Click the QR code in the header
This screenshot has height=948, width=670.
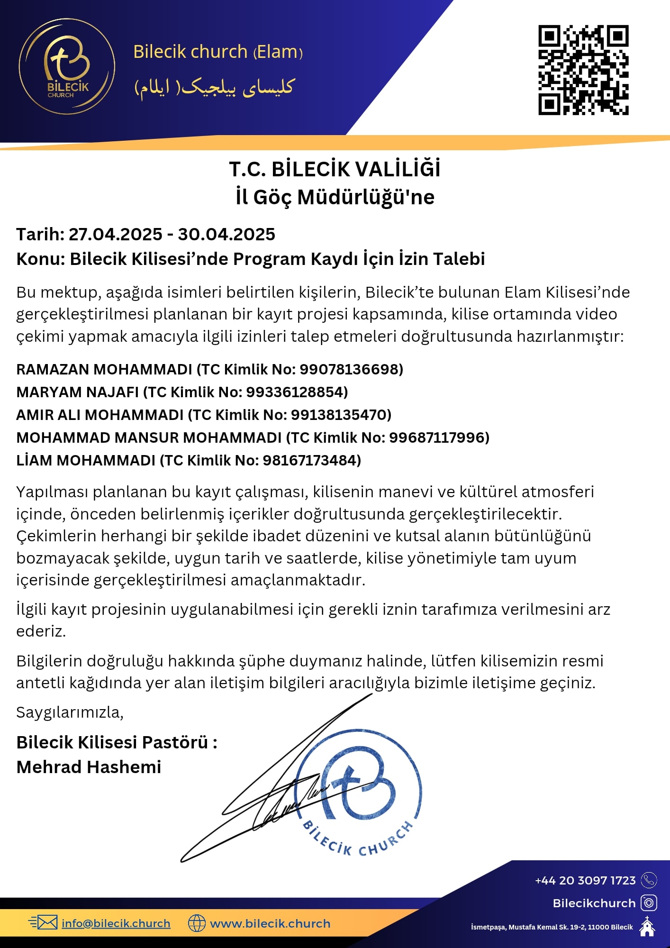(583, 70)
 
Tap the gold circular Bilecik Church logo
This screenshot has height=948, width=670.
(67, 66)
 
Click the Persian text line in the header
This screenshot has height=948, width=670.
(215, 87)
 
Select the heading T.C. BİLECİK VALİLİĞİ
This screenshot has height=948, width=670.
(335, 169)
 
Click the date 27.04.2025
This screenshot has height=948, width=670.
(116, 234)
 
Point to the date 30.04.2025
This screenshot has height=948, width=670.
(226, 234)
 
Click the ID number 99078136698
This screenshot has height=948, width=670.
(350, 369)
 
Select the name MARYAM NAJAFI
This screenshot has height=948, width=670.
(77, 392)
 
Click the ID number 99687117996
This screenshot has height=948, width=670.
(437, 438)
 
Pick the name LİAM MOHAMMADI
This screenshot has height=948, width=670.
(86, 460)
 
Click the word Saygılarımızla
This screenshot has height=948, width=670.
(69, 712)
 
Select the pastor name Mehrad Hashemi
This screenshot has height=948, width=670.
(89, 767)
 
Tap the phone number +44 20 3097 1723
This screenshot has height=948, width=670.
(585, 880)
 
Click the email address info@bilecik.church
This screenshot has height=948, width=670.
(116, 923)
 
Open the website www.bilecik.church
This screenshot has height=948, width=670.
(270, 923)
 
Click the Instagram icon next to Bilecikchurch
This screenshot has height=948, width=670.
(649, 902)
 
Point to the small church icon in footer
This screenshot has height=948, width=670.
(647, 927)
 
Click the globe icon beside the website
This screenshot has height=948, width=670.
(197, 923)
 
